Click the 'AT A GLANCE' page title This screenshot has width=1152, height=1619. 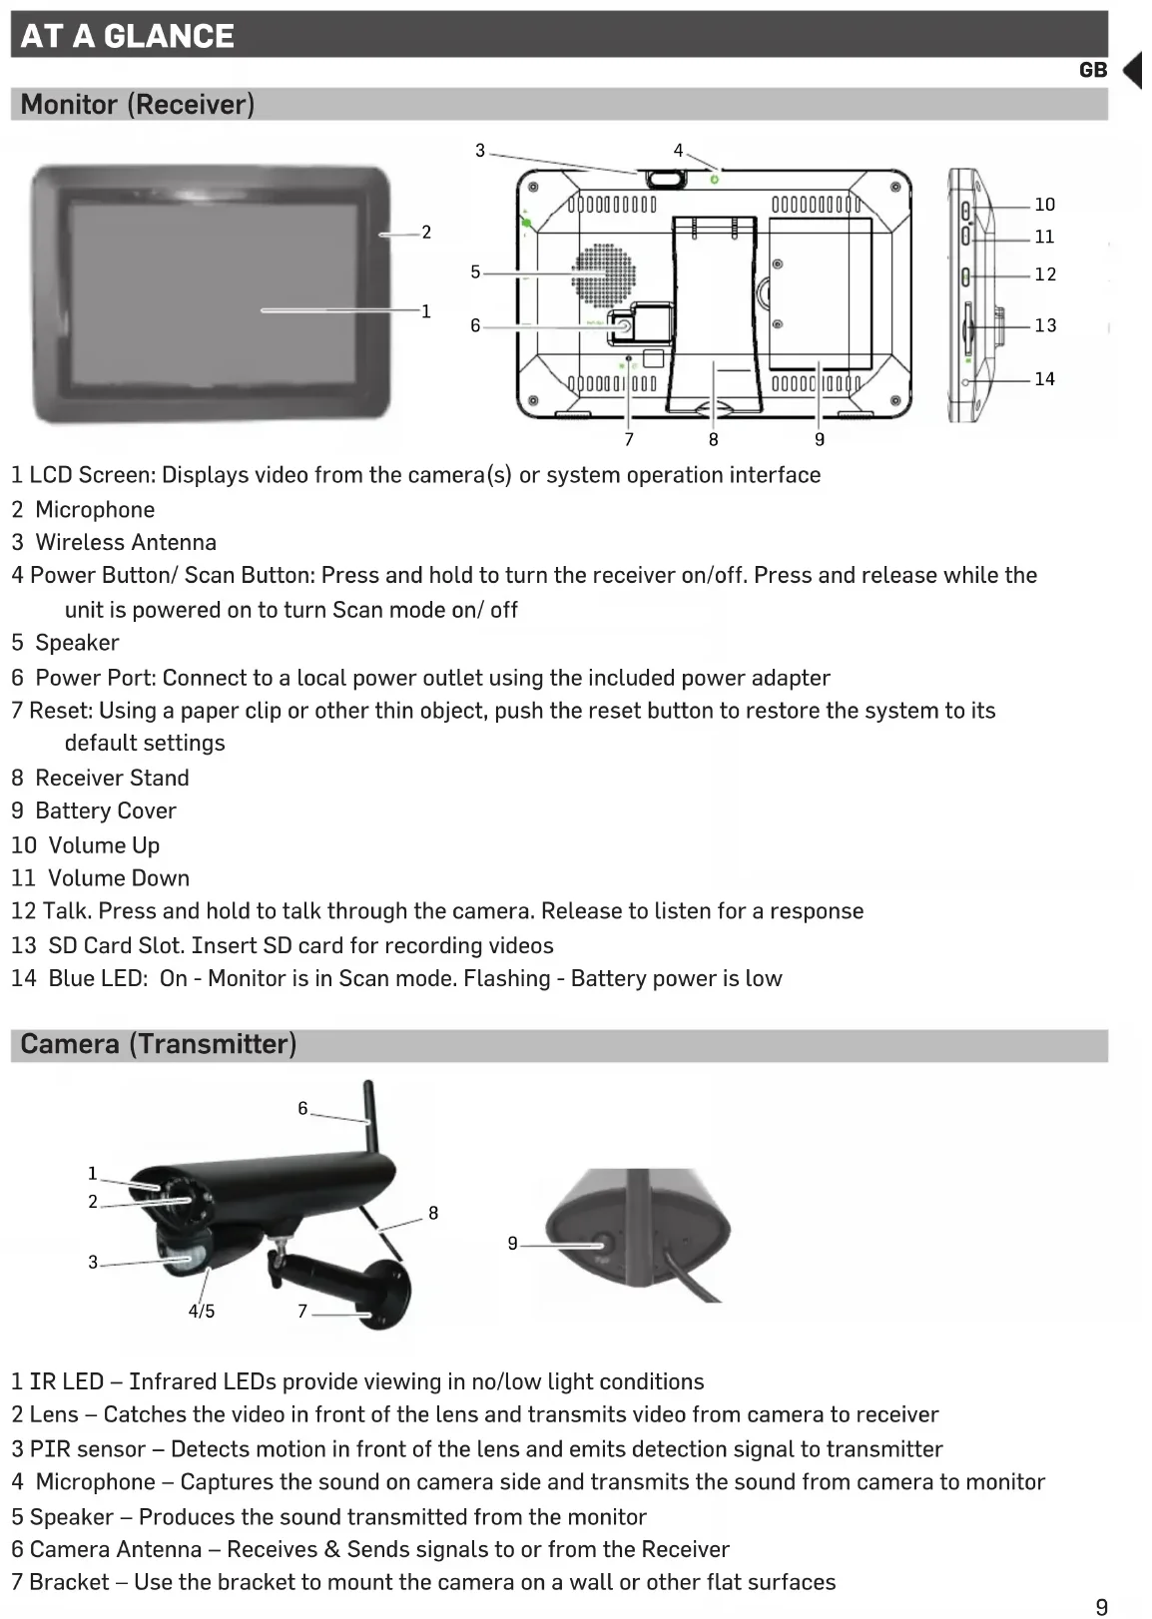tap(127, 36)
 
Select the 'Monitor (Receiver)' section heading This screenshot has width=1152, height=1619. tap(137, 104)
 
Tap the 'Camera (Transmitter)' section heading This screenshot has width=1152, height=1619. tap(158, 1044)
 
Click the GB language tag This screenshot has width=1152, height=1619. tap(1093, 70)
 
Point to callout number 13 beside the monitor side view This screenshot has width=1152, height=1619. tap(1045, 325)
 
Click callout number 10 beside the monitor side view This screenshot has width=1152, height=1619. tap(1044, 205)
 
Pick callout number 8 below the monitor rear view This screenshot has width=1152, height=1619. tap(713, 439)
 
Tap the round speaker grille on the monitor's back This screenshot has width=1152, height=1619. tap(603, 274)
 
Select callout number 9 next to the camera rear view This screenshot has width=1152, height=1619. tap(512, 1244)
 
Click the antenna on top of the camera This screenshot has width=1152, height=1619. tap(368, 1118)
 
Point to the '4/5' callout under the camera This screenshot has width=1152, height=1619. tap(202, 1312)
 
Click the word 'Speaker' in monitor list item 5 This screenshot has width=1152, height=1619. tap(77, 643)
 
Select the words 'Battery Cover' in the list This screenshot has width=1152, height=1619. tap(106, 810)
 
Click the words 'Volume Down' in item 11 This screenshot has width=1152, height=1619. tap(119, 878)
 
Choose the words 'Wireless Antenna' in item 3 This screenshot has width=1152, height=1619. tap(126, 542)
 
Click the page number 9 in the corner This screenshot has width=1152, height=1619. tap(1101, 1607)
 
